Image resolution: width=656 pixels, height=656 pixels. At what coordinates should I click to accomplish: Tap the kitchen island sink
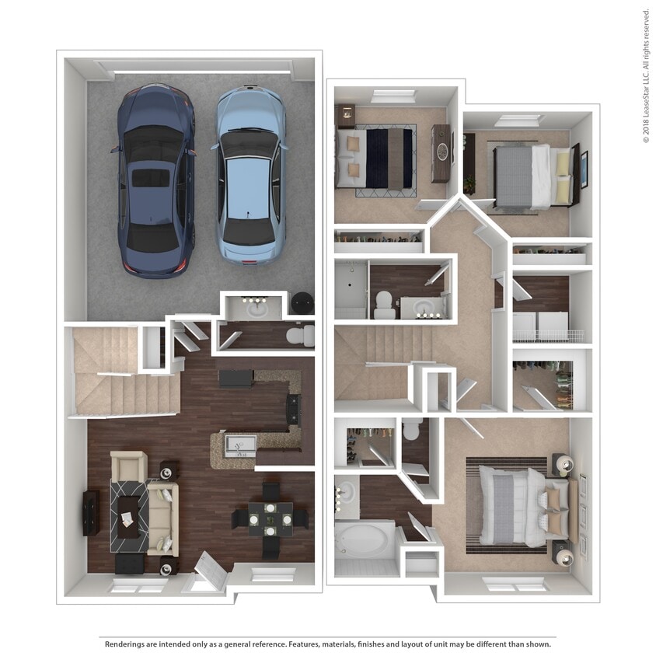point(239,445)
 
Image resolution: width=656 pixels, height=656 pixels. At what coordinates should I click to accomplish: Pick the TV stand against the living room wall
point(92,513)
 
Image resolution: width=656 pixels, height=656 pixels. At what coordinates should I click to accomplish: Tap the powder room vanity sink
point(256,309)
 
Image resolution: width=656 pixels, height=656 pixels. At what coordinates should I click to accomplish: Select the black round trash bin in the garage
point(302,303)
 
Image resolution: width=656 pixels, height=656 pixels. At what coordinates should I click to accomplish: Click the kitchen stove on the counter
point(293,410)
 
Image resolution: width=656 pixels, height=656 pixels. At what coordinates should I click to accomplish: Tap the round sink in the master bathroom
point(347,491)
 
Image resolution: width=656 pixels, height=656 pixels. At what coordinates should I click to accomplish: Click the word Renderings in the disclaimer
point(127,644)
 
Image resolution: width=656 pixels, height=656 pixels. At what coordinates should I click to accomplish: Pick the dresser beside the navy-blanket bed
point(441,153)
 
